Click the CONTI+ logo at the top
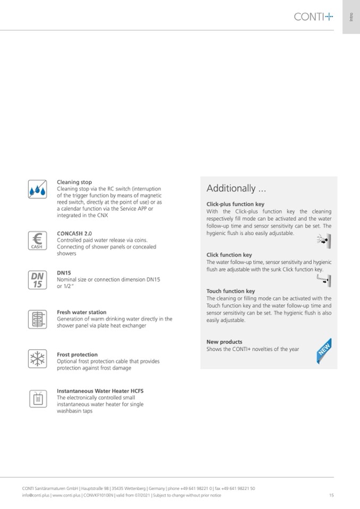click(313, 17)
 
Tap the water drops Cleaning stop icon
click(37, 188)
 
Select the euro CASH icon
click(37, 240)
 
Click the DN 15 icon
click(37, 280)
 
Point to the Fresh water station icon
click(37, 319)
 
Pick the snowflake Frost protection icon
click(37, 359)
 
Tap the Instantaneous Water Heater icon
click(37, 399)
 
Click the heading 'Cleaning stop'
click(74, 182)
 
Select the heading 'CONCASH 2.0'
click(74, 233)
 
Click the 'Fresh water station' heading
click(81, 312)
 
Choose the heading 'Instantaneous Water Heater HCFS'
click(100, 391)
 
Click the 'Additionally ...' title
click(236, 188)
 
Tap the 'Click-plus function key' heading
click(235, 204)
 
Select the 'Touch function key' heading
click(230, 291)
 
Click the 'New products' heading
click(224, 342)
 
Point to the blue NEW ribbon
click(324, 351)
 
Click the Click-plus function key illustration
click(324, 241)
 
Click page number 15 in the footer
click(331, 495)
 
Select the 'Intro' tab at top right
click(351, 17)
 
